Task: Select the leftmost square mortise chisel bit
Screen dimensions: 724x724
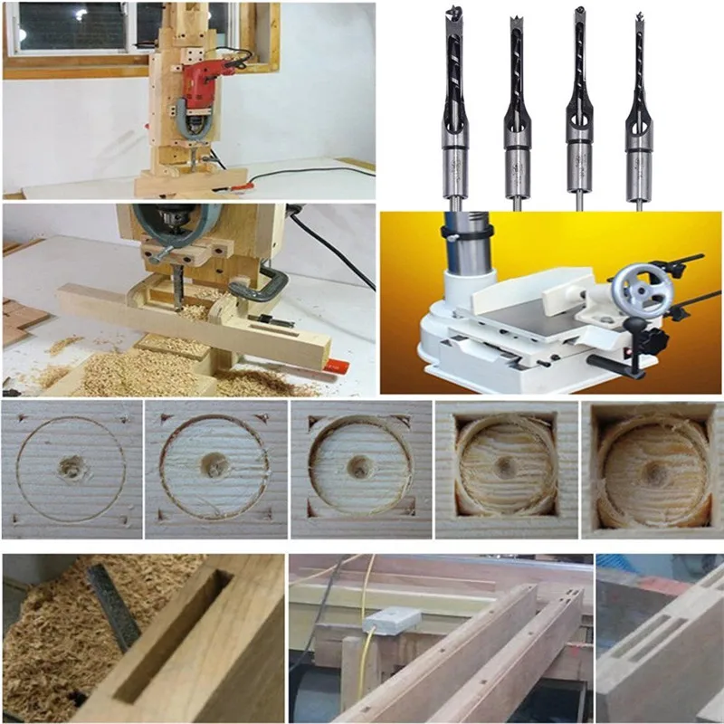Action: point(453,109)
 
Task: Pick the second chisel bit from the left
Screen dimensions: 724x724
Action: point(516,109)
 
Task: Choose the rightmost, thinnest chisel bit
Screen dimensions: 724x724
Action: point(638,109)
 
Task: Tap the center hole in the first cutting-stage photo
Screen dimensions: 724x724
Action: point(70,468)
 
